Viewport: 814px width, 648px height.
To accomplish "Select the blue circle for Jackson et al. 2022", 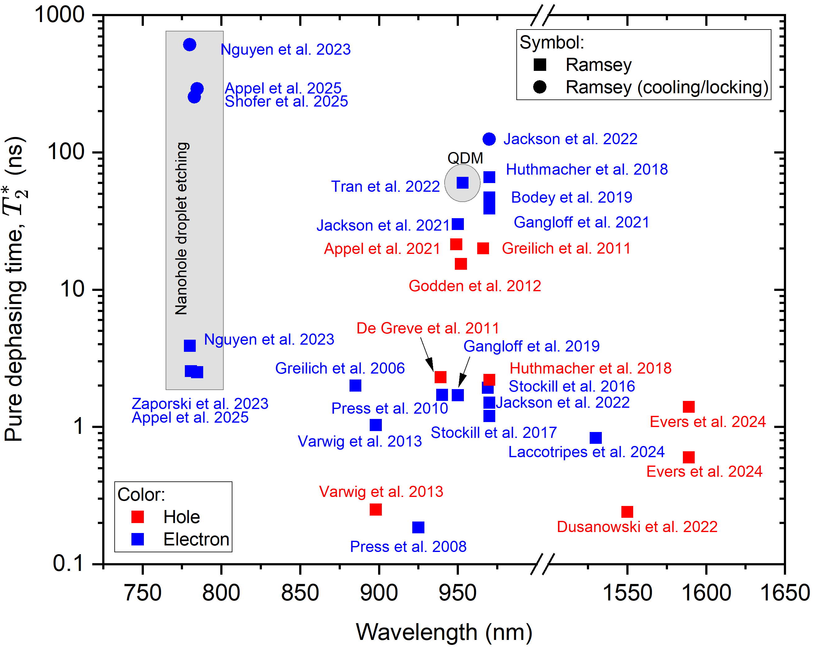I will pyautogui.click(x=489, y=139).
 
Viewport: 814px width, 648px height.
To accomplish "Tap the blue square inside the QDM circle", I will pyautogui.click(x=463, y=183).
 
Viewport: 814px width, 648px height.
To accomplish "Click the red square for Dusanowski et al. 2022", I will pyautogui.click(x=627, y=512).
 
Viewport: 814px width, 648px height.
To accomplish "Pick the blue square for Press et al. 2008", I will pyautogui.click(x=418, y=527).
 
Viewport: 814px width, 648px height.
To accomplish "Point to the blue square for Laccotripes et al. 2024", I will pyautogui.click(x=595, y=438).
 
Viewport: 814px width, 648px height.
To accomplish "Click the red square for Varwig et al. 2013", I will pyautogui.click(x=376, y=509).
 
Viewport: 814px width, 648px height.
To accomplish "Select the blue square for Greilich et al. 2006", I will pyautogui.click(x=355, y=386).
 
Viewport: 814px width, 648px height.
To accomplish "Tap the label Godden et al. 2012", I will pyautogui.click(x=475, y=286).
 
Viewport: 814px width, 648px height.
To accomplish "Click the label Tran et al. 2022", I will pyautogui.click(x=385, y=186).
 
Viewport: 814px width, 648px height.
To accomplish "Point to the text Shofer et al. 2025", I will pyautogui.click(x=286, y=102).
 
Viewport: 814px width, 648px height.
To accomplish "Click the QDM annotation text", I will pyautogui.click(x=465, y=158).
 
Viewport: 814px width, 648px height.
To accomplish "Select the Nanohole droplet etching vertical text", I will pyautogui.click(x=182, y=228).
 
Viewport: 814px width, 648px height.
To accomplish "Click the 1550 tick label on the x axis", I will pyautogui.click(x=627, y=593).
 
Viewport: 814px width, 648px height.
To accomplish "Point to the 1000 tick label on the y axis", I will pyautogui.click(x=59, y=15).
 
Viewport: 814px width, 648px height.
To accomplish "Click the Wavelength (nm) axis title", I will pyautogui.click(x=444, y=632).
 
